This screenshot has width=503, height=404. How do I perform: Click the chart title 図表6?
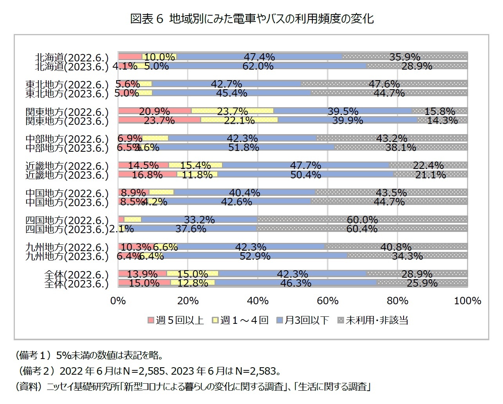tap(251, 19)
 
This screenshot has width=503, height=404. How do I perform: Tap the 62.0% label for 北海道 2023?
tap(258, 66)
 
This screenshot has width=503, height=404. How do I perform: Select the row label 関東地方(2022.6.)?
tap(67, 112)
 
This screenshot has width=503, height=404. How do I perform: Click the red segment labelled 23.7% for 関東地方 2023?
tap(159, 120)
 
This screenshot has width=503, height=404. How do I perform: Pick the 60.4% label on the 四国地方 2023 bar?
tap(362, 228)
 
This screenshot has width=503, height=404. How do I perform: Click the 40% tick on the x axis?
tap(258, 301)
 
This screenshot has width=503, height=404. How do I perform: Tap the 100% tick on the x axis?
tap(467, 301)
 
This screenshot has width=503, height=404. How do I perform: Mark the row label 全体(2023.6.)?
tap(76, 284)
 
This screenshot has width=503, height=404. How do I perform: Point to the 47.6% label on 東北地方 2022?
tap(384, 84)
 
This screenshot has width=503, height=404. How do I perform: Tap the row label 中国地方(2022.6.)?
tap(67, 194)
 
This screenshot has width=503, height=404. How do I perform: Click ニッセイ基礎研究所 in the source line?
tap(82, 387)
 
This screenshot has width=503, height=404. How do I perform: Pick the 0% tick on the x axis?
tap(118, 301)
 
